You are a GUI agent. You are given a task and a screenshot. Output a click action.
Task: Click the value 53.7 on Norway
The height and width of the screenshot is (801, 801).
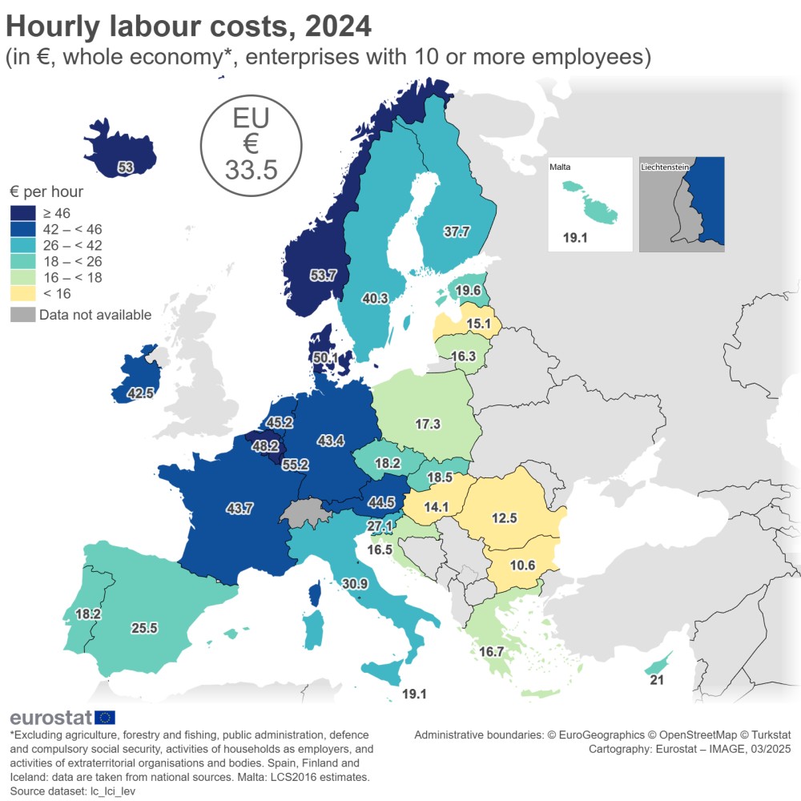coord(323,276)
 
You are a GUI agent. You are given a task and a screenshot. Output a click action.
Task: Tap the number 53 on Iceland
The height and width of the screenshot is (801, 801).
coord(125,167)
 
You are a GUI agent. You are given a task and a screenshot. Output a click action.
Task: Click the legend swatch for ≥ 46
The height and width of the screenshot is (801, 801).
coord(22,212)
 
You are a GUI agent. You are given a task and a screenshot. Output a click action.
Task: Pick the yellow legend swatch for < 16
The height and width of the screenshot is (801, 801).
coord(22,294)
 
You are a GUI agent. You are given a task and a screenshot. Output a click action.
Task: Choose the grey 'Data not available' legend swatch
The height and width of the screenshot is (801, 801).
coord(22,315)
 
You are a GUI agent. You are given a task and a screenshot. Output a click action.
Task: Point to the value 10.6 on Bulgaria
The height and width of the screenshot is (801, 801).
coord(521,565)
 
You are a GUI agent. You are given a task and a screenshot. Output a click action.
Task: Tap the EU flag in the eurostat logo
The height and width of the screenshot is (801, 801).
coord(105,718)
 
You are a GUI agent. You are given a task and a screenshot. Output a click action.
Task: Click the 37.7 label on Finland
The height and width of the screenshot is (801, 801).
coord(457,231)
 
